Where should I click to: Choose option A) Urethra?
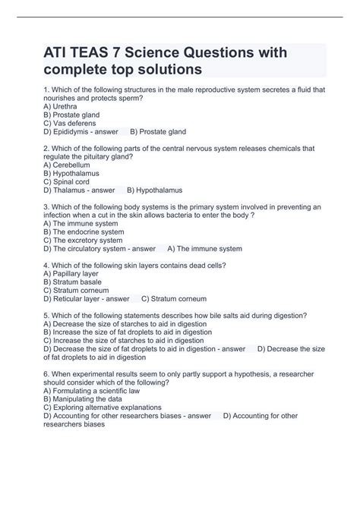point(62,107)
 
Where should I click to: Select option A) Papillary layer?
point(72,273)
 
